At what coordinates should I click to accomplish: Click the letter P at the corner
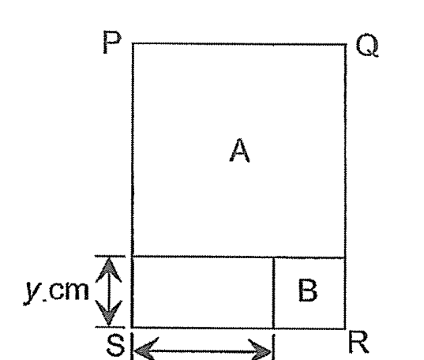click(112, 42)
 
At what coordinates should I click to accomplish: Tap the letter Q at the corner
click(367, 45)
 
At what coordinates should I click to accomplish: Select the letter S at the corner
click(116, 345)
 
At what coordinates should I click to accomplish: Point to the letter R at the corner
click(359, 342)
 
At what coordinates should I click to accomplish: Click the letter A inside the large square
click(239, 150)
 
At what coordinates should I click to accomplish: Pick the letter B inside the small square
click(308, 291)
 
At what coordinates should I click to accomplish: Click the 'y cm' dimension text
click(56, 292)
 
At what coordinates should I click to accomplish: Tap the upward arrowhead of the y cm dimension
click(108, 270)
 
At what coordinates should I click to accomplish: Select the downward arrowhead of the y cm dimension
click(109, 313)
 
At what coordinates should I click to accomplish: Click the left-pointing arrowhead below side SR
click(146, 349)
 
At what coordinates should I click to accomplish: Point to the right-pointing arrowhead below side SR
click(260, 350)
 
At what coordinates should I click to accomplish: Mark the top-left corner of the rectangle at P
click(133, 43)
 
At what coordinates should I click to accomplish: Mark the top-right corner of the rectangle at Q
click(346, 44)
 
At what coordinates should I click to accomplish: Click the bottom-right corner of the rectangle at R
click(345, 328)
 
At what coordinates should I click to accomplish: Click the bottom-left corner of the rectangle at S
click(132, 328)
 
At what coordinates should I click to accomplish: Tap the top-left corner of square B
click(274, 257)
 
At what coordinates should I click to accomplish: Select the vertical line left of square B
click(274, 293)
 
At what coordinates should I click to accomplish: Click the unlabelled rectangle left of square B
click(203, 292)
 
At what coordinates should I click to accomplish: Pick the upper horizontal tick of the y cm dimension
click(110, 256)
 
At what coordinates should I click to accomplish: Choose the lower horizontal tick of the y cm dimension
click(110, 328)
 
